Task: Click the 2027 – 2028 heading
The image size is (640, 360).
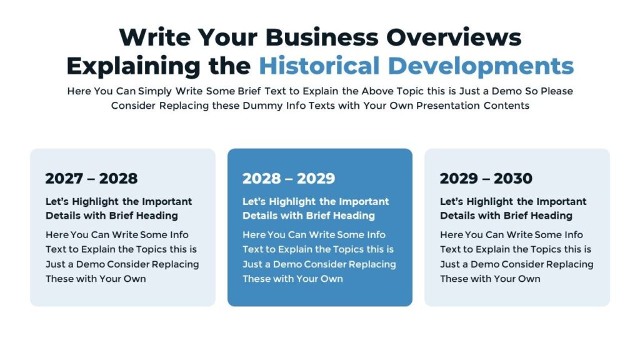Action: (91, 179)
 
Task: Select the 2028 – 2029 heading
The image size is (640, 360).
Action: (289, 179)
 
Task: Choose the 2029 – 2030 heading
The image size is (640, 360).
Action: (486, 179)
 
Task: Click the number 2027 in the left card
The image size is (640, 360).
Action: (64, 179)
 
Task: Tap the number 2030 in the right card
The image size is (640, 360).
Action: (513, 179)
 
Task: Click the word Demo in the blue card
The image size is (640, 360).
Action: (287, 264)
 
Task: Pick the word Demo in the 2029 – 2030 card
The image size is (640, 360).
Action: (485, 264)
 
